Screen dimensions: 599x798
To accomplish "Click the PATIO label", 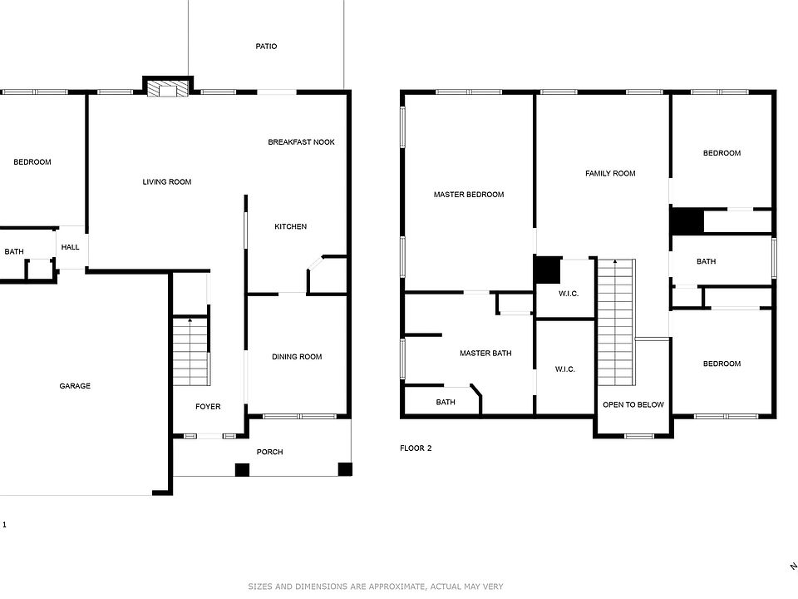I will coord(266,47).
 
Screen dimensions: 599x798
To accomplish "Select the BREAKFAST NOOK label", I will coord(301,142).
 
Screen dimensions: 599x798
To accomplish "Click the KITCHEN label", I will coord(290,226).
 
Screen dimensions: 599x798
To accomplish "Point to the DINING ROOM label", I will coord(297,357).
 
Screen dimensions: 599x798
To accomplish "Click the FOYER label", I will coord(208,407).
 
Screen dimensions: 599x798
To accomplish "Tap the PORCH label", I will coord(269,452).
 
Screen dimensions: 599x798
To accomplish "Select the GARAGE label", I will coord(75,386).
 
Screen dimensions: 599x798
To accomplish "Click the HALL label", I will coord(71,247).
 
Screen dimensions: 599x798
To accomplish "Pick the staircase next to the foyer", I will coord(190,354).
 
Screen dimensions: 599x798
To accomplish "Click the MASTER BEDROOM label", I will coord(469,195).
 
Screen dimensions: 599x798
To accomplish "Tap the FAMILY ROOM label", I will coord(610,174).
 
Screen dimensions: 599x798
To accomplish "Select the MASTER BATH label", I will coord(485,354).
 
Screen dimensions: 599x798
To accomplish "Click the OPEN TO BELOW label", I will coord(633,405).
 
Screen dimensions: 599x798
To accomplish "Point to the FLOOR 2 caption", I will coord(416,448).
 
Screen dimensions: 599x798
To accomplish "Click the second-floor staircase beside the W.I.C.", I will coord(615,323).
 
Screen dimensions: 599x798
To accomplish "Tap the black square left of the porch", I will coord(242,470).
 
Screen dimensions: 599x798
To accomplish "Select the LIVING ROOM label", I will coord(167,181).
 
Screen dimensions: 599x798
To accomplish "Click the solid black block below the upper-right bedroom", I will coord(687,221).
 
